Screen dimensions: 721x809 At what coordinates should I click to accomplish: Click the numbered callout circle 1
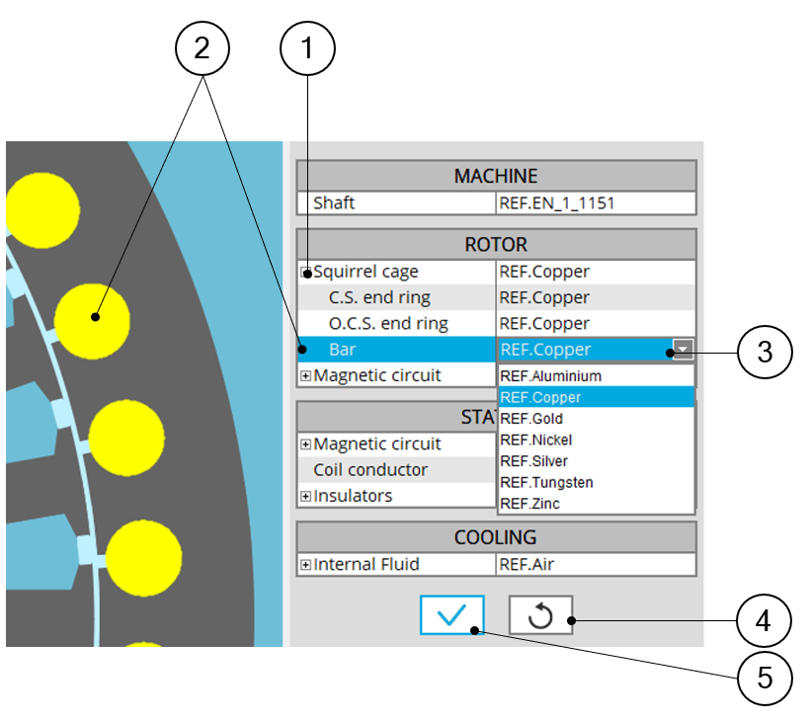[x=308, y=48]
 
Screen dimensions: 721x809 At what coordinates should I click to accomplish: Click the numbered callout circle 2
[x=202, y=48]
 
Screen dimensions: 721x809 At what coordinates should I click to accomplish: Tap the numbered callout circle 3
[x=765, y=350]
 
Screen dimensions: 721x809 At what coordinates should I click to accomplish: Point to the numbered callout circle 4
[x=765, y=621]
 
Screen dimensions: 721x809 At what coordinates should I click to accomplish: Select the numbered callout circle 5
[x=765, y=677]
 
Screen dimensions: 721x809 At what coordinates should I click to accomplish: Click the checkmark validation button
[x=451, y=615]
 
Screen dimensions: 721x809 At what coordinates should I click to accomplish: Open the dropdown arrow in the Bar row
[x=683, y=349]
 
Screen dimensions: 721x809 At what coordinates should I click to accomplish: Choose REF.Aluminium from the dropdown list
[x=551, y=376]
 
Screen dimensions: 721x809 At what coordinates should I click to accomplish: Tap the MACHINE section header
[x=496, y=177]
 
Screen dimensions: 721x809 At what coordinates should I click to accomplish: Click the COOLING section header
[x=496, y=538]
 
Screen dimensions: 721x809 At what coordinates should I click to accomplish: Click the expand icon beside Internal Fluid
[x=306, y=565]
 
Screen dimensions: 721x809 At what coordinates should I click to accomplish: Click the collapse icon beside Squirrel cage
[x=306, y=273]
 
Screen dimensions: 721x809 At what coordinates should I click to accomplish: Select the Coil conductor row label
[x=370, y=470]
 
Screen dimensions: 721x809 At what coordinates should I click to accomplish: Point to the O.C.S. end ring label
[x=388, y=324]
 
